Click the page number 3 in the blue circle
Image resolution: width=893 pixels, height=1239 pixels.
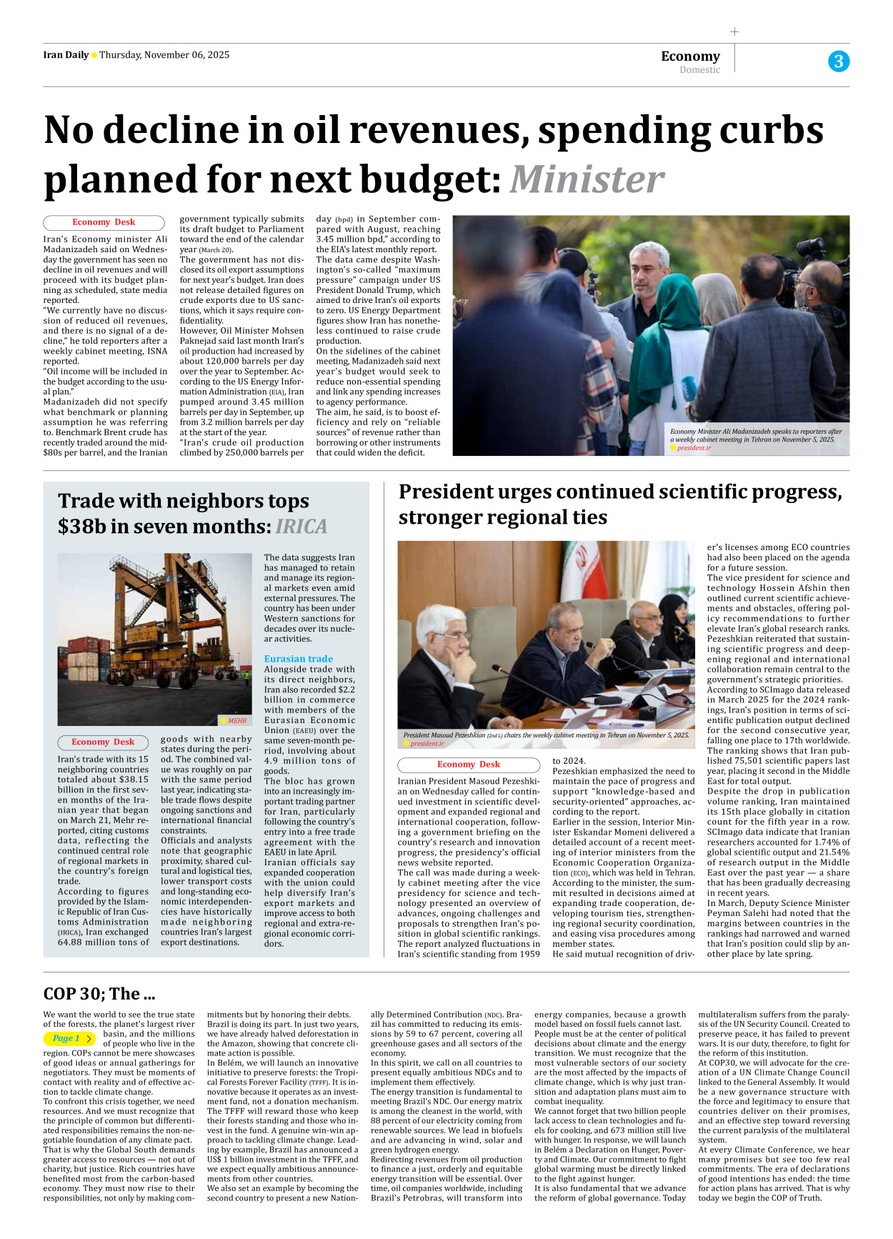(x=839, y=61)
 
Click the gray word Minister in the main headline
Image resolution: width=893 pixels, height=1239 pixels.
(x=587, y=179)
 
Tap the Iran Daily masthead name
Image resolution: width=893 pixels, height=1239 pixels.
(x=66, y=55)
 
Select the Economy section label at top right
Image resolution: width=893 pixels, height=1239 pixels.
(x=690, y=56)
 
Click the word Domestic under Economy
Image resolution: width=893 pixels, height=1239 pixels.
(x=699, y=70)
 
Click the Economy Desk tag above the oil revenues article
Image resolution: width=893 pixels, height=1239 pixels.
(x=104, y=222)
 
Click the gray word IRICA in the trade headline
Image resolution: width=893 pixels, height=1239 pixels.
(x=301, y=527)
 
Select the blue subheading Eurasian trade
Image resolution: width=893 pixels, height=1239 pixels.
(x=299, y=659)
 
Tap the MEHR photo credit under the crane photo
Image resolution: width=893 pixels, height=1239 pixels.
(x=237, y=721)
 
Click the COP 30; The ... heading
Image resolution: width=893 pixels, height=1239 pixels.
(x=99, y=994)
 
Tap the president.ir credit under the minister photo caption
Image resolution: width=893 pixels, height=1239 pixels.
(x=694, y=448)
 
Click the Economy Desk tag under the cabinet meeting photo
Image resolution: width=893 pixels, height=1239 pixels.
(x=469, y=765)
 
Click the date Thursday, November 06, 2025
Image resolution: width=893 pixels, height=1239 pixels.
(x=164, y=55)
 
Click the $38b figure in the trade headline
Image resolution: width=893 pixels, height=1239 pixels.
(x=81, y=527)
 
